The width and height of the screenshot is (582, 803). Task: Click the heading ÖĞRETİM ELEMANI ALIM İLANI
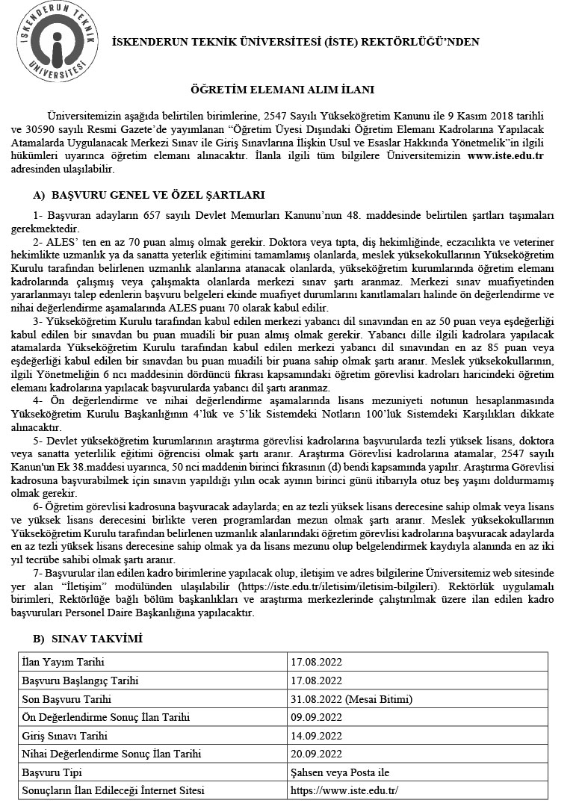coord(291,89)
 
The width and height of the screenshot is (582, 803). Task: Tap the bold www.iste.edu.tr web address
coord(504,155)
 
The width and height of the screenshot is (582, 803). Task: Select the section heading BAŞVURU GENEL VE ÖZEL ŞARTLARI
coord(158,196)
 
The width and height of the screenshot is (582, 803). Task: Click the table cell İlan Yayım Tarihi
coord(64,663)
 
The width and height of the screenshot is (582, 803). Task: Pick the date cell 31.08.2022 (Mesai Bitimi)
coord(351,699)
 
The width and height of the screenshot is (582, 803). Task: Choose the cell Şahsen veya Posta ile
coord(340,772)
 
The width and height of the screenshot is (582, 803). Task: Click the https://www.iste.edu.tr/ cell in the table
coord(344,790)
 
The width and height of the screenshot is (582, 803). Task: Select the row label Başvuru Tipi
coord(52,772)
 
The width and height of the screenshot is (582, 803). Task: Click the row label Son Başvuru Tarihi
coord(67,699)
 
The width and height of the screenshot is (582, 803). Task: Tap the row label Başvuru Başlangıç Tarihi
coord(81,681)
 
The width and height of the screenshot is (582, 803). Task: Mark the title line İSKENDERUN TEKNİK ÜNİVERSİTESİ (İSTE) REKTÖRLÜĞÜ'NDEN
coord(295,43)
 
